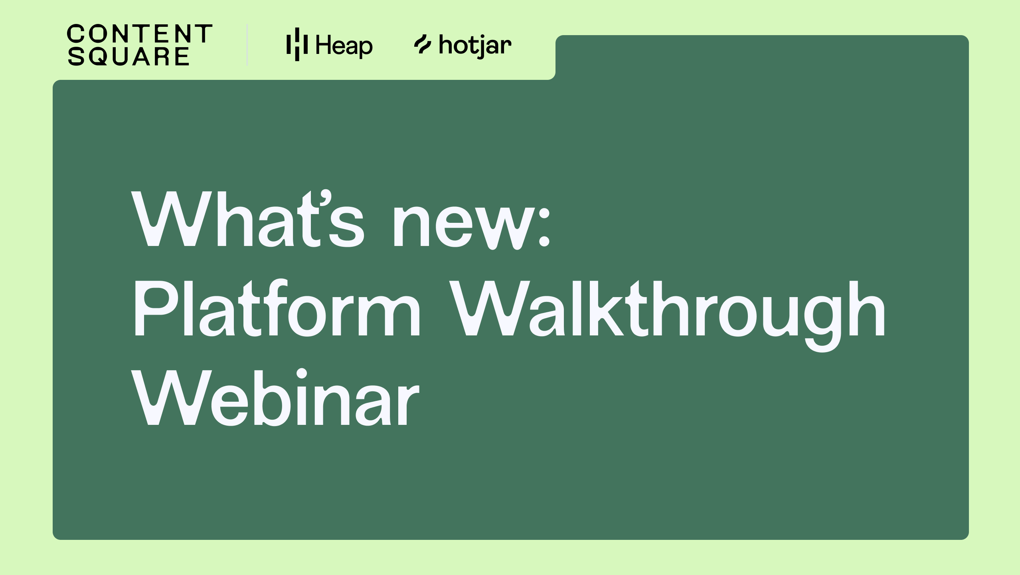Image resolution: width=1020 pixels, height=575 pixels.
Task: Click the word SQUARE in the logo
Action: pos(128,56)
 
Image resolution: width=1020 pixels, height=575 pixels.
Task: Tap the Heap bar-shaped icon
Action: pos(297,44)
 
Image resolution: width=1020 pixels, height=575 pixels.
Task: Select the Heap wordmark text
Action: pos(344,46)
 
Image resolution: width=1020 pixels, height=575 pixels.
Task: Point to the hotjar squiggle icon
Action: pos(423,44)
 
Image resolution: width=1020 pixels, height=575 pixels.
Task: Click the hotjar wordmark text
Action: pos(475,46)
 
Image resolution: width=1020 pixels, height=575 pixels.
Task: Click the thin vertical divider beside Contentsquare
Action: pos(247,44)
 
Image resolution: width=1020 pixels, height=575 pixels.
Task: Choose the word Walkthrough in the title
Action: pos(669,315)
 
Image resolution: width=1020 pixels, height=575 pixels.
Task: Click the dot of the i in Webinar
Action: pos(302,374)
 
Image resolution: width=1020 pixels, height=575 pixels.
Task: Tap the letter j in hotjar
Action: pos(476,47)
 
